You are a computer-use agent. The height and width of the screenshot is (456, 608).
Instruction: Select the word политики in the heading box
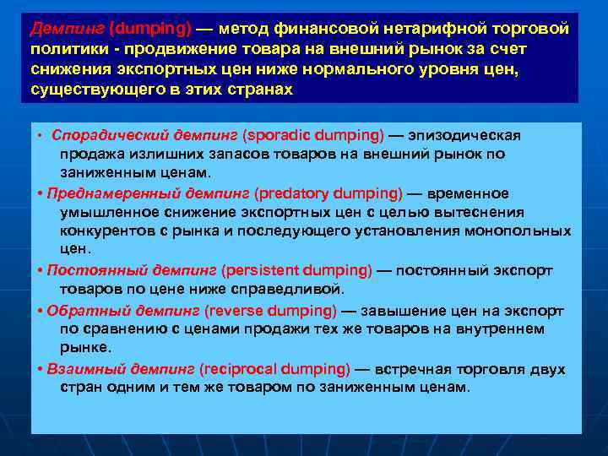[67, 49]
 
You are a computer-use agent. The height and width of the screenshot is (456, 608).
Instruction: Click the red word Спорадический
[106, 135]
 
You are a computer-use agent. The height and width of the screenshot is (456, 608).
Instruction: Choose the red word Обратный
[84, 311]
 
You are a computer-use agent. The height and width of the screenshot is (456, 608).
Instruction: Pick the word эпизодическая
[464, 135]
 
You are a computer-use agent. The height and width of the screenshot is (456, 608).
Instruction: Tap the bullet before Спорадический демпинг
[39, 136]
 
